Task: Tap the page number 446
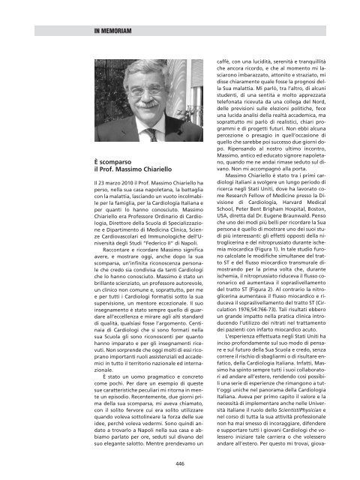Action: (x=180, y=463)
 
